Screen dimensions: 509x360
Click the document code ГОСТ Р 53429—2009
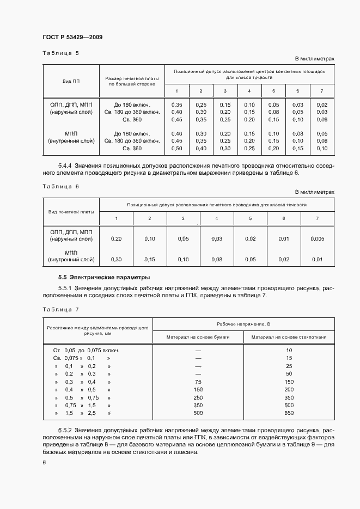[x=72, y=37]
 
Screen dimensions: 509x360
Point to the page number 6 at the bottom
[x=44, y=462]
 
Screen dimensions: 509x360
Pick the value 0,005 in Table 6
[x=316, y=238]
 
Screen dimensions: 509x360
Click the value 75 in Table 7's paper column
[x=198, y=382]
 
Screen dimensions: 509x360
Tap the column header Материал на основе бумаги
[x=198, y=338]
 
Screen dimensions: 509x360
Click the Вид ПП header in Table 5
[x=71, y=81]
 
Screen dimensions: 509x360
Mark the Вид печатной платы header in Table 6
[x=71, y=211]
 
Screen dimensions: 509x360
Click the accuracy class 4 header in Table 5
[x=249, y=90]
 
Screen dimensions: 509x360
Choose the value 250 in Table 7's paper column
[x=198, y=398]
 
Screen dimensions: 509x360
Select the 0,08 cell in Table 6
[x=216, y=260]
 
